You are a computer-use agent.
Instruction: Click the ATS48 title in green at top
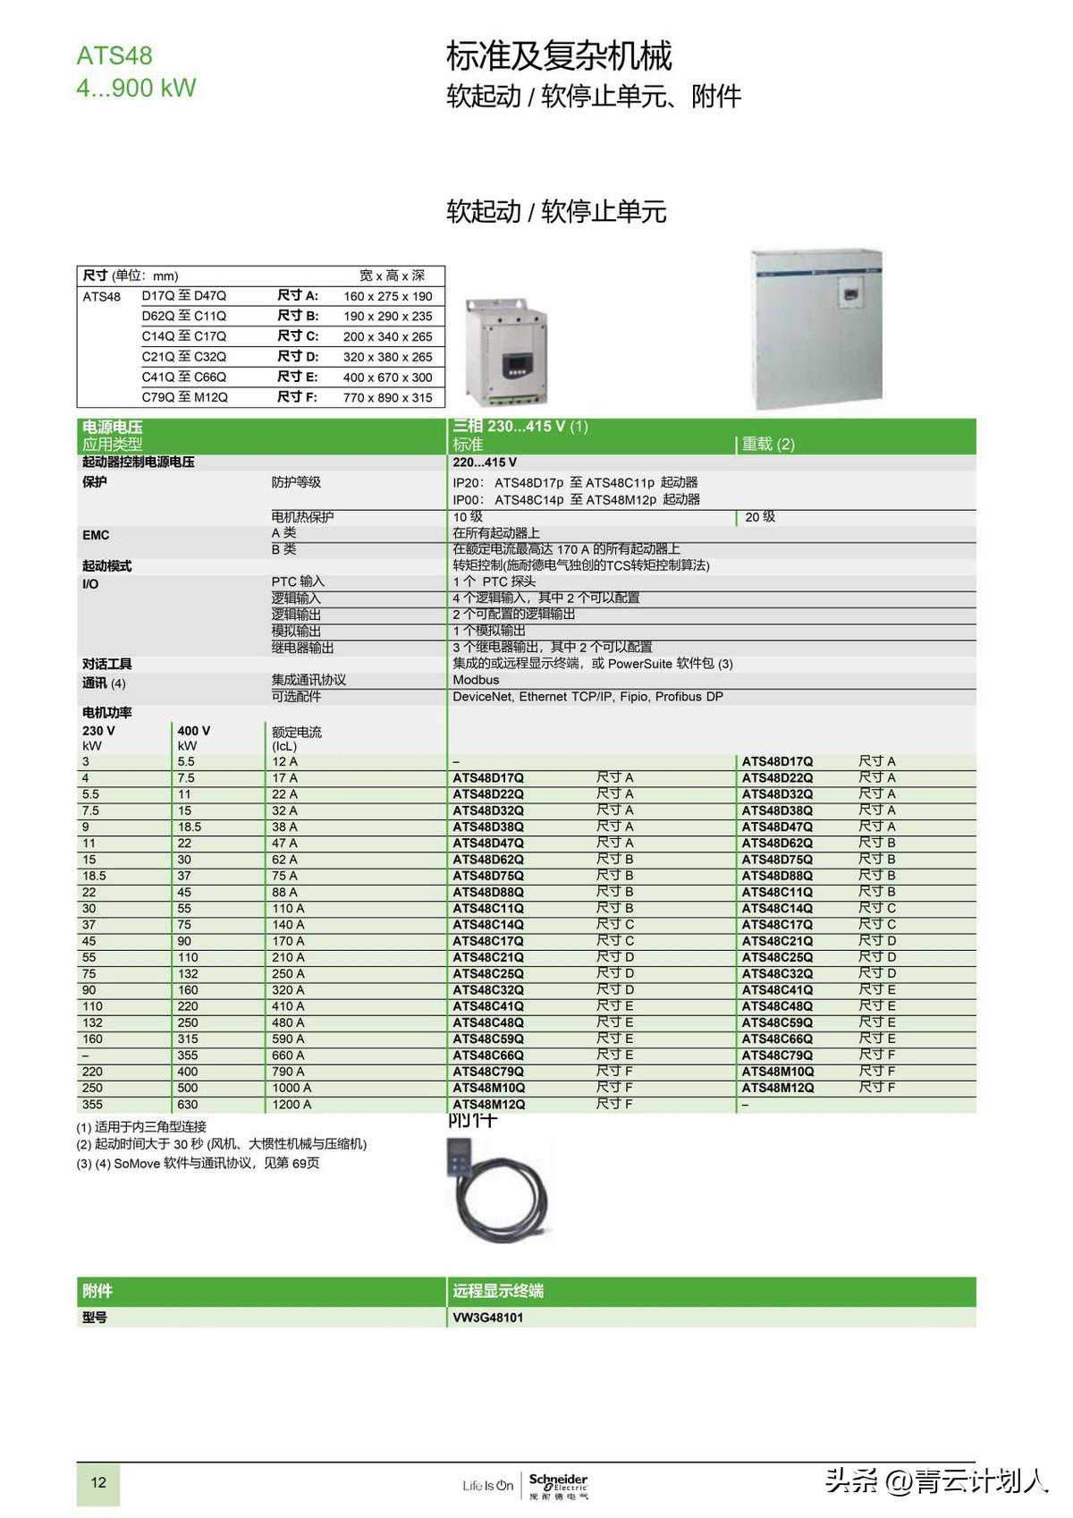click(114, 55)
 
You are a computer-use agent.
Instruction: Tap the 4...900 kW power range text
click(136, 88)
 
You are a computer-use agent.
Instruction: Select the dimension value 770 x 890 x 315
click(387, 397)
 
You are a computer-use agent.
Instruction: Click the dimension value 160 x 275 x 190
click(387, 296)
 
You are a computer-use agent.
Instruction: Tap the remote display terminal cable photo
click(495, 1191)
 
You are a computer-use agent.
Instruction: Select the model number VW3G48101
click(488, 1318)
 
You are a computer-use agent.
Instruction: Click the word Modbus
click(476, 680)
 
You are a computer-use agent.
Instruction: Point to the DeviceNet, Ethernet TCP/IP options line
click(587, 697)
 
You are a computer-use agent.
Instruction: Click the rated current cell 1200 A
click(291, 1105)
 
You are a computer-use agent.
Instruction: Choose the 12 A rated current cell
click(285, 762)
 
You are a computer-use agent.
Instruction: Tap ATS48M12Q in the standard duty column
click(488, 1105)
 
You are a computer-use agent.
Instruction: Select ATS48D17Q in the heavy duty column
click(777, 762)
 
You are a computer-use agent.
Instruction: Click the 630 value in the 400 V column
click(188, 1105)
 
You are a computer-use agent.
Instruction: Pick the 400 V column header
click(194, 731)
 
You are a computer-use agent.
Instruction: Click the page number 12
click(98, 1482)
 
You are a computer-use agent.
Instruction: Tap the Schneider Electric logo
click(558, 1485)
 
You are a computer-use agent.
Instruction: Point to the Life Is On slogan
click(487, 1486)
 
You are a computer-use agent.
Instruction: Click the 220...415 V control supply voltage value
click(485, 462)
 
